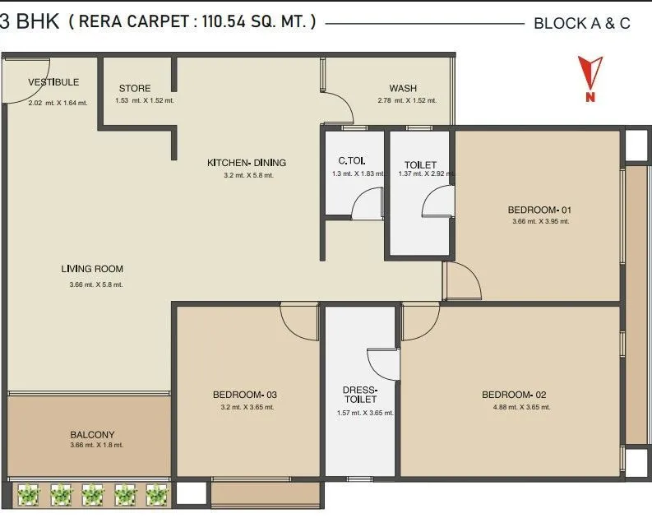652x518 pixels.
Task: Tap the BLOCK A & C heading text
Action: [x=581, y=23]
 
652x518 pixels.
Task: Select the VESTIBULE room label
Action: [x=53, y=82]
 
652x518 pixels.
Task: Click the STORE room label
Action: [x=134, y=89]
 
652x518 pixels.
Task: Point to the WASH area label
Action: [x=403, y=89]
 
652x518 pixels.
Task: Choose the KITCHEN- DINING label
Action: [x=247, y=163]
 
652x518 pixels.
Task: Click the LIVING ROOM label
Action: [x=92, y=269]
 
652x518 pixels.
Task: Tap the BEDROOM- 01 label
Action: [x=539, y=210]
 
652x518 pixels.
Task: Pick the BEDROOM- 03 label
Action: [x=244, y=394]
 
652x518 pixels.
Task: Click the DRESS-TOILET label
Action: [x=359, y=395]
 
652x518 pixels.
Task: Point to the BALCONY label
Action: [x=92, y=434]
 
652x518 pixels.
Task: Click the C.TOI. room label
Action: [x=352, y=161]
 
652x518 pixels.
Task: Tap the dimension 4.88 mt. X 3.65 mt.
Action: [x=516, y=407]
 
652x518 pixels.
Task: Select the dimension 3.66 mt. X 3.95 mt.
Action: [x=539, y=221]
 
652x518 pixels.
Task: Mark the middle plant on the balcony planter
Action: [x=92, y=493]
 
